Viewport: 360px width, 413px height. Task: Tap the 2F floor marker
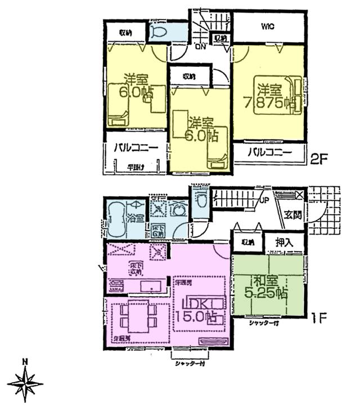pos(319,159)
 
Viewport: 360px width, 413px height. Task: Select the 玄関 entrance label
pos(292,214)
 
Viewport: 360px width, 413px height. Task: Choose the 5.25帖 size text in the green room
pos(267,293)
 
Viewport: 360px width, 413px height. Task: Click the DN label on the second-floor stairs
pos(200,47)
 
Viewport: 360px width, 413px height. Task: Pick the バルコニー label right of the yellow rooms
pos(269,152)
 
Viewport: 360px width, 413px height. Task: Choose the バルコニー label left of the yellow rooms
pos(136,149)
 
